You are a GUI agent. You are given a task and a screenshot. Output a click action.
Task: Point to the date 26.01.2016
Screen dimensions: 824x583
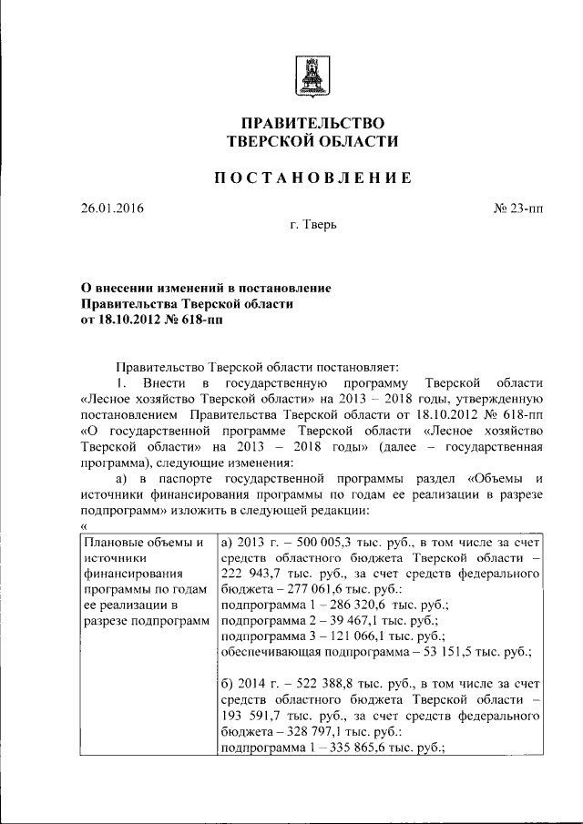coord(112,209)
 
